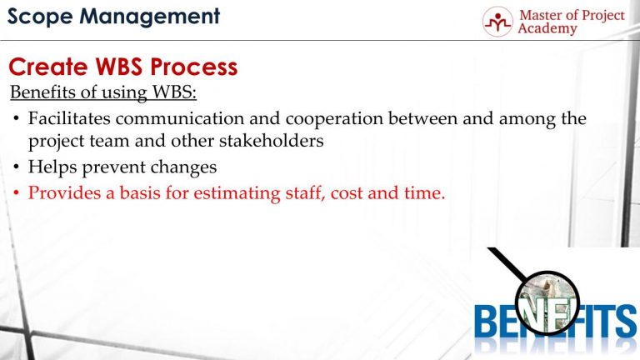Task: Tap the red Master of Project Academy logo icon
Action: click(x=498, y=22)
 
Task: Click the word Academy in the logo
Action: click(x=547, y=29)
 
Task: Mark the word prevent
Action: click(x=117, y=167)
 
